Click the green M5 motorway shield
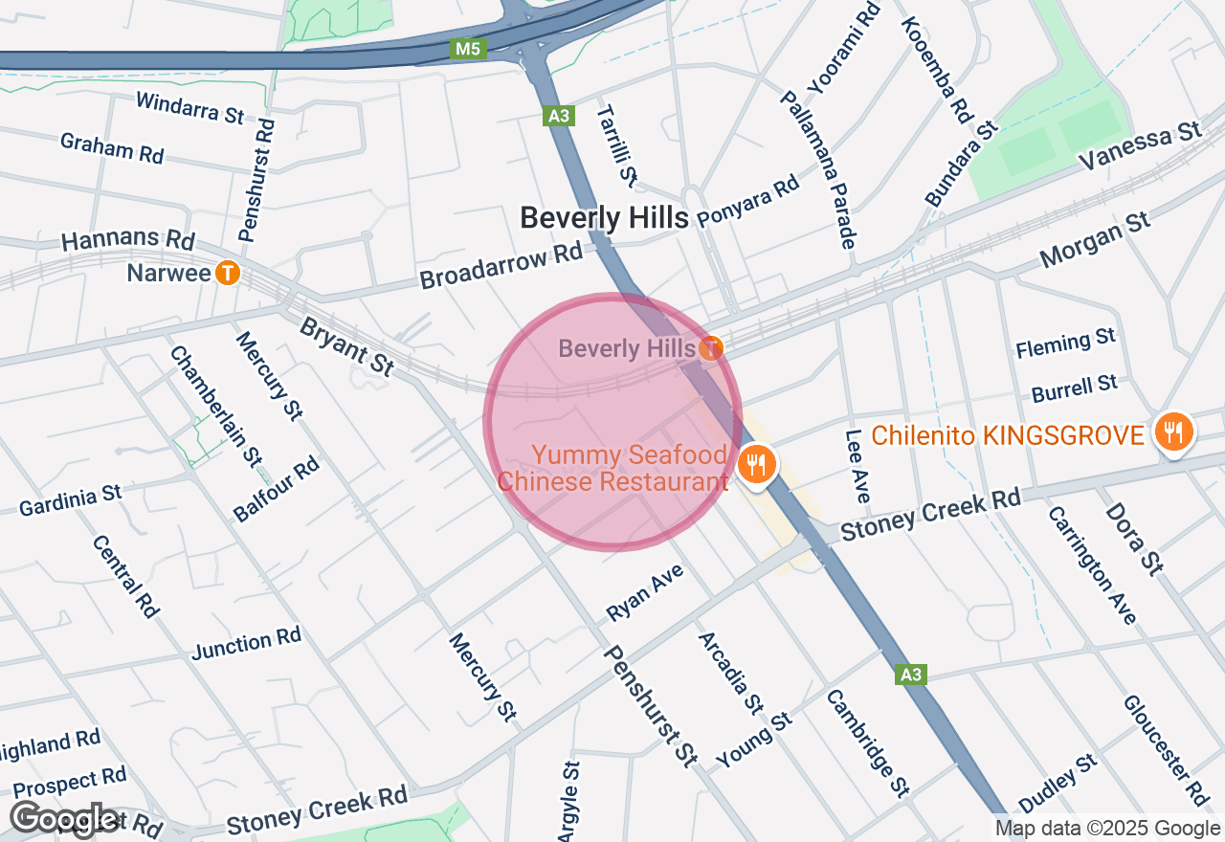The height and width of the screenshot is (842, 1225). (x=469, y=48)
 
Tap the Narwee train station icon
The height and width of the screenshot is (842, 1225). (x=228, y=274)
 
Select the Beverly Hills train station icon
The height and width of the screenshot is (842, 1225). (x=710, y=348)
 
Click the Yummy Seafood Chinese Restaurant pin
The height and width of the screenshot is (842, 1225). (x=757, y=465)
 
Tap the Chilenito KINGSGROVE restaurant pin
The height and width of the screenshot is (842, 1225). (x=1172, y=432)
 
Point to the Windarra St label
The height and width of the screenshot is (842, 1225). (x=189, y=107)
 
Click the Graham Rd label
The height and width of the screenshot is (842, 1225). (x=111, y=147)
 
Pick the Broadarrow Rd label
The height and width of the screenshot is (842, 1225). (x=501, y=267)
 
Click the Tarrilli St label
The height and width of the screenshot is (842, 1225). (x=616, y=144)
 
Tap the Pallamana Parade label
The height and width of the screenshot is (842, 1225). (x=817, y=169)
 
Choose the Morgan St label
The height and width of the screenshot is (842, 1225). (x=1095, y=240)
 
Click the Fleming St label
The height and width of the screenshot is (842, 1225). (x=1065, y=342)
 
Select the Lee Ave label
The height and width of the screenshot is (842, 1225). (x=857, y=465)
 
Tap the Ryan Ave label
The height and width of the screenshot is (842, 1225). (x=646, y=592)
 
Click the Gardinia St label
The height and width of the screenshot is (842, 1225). (x=71, y=499)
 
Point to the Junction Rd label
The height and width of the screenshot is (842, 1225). (x=247, y=643)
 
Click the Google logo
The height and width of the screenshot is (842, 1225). (x=65, y=819)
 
